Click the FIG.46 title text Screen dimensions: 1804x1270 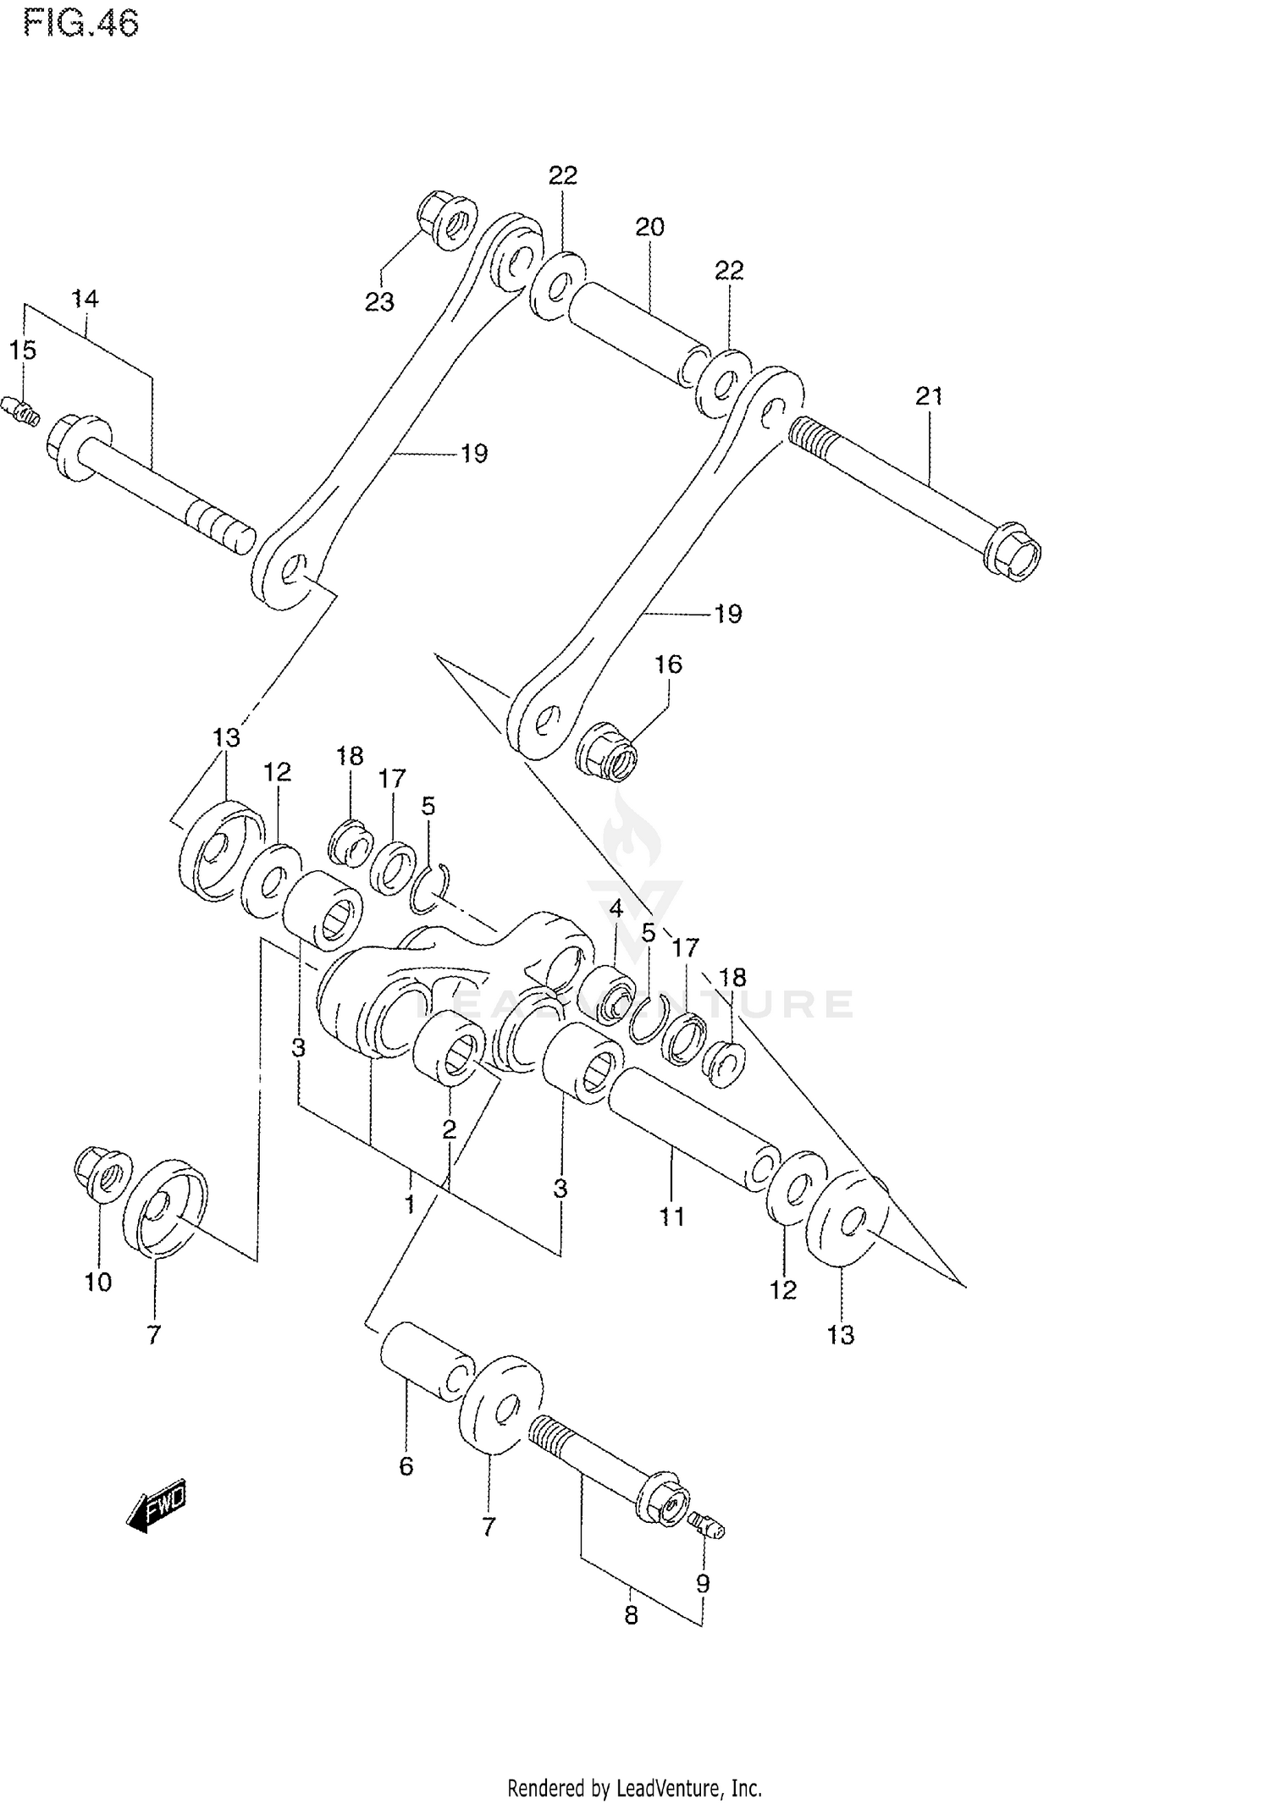coord(80,24)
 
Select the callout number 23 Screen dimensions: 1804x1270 coord(379,302)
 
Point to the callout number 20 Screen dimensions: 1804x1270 coord(649,227)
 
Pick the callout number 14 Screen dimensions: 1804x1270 coord(85,298)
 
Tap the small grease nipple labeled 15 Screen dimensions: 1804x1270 coord(24,411)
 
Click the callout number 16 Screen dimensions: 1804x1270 coord(668,664)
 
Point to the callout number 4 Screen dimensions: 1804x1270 coord(616,909)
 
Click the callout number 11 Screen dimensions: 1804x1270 coord(671,1216)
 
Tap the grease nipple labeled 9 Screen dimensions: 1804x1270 coord(706,1524)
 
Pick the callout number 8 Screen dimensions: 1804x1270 coord(631,1615)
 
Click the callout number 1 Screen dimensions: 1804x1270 coord(410,1205)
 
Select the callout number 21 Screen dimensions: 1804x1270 coord(929,396)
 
